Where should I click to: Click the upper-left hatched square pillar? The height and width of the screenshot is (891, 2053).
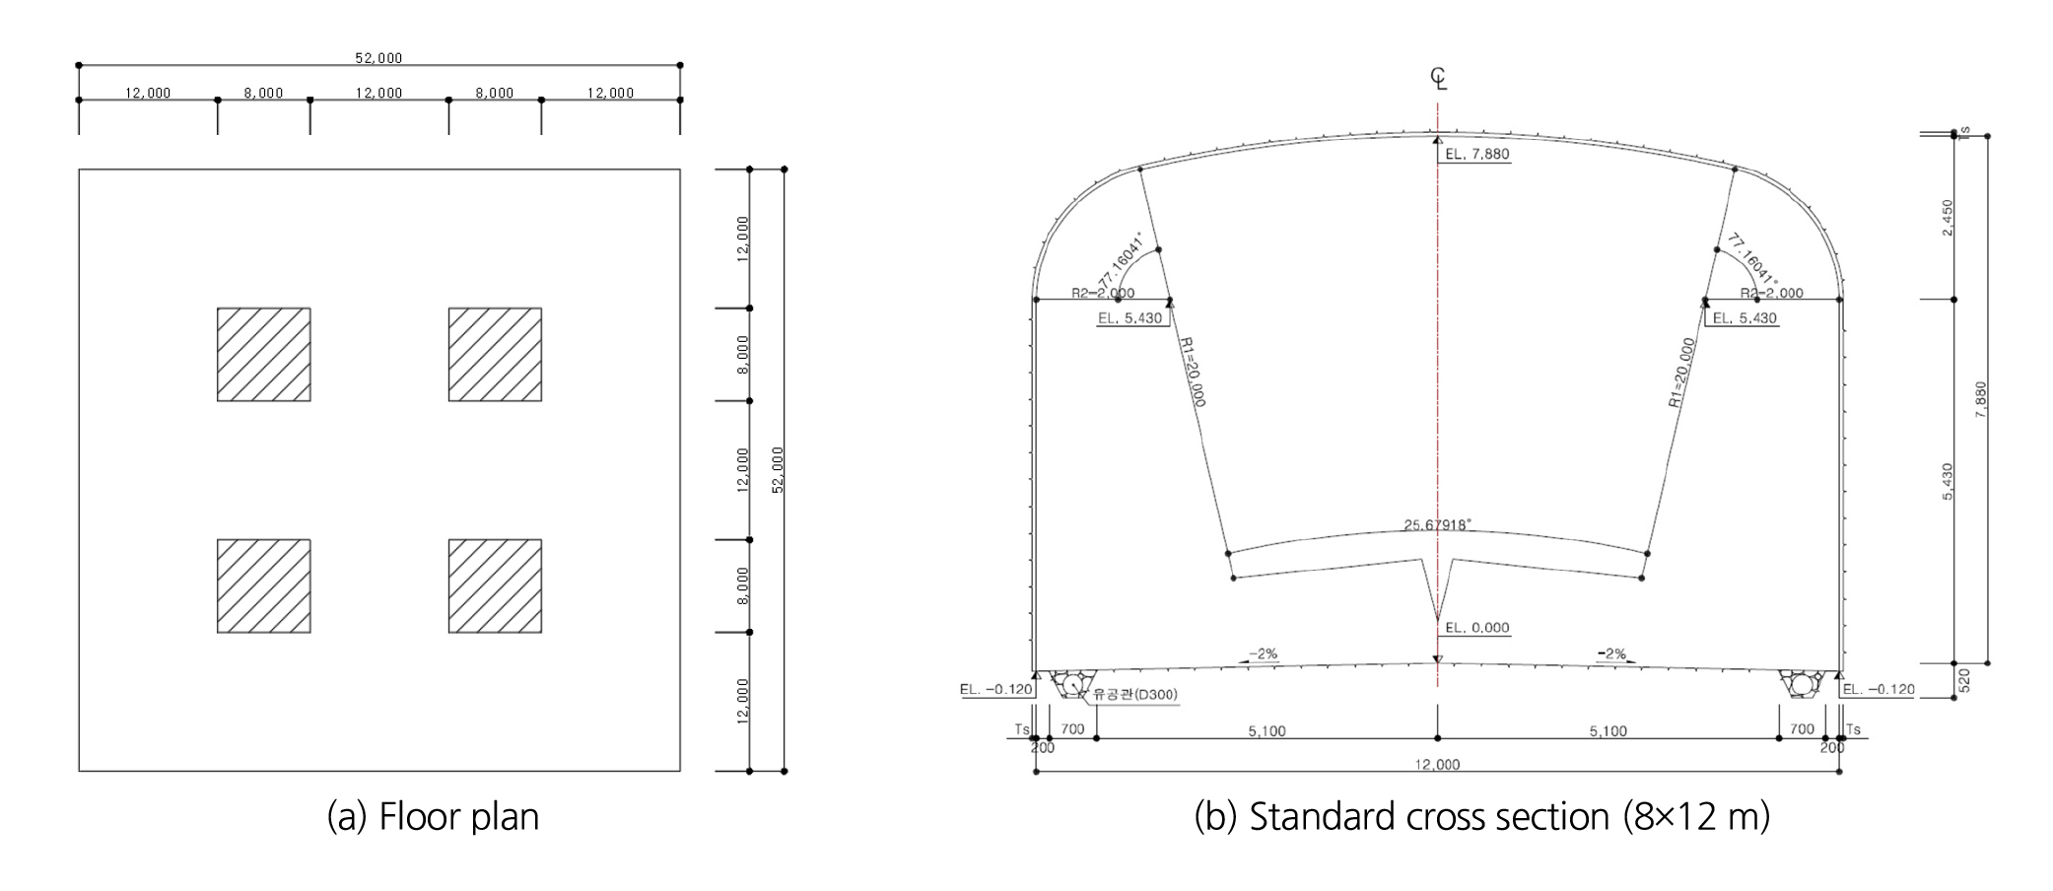click(263, 354)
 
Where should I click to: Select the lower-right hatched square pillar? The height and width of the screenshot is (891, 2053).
click(495, 585)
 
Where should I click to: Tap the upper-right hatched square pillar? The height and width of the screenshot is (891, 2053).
click(495, 354)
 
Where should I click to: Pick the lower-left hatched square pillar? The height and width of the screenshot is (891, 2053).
click(263, 585)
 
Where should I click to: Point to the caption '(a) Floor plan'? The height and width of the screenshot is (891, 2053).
click(433, 817)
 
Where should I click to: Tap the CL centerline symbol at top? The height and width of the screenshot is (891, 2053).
click(1440, 80)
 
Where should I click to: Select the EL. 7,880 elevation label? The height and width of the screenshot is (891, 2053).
click(1476, 154)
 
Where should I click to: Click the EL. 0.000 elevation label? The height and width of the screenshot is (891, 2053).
click(1476, 628)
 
